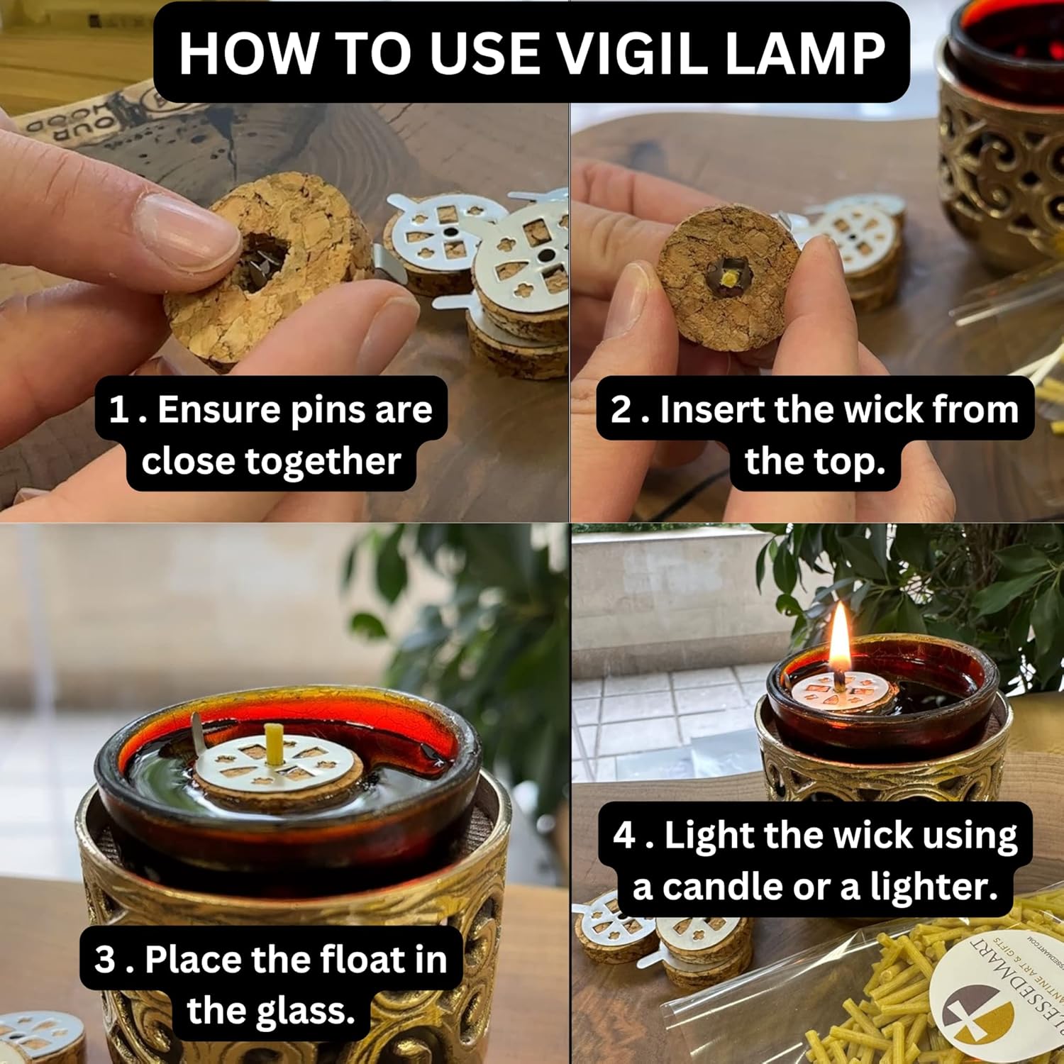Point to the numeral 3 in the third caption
[x=104, y=959]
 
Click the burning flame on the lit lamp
[x=841, y=642]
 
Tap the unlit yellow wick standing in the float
[x=272, y=743]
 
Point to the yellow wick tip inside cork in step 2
[x=728, y=280]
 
